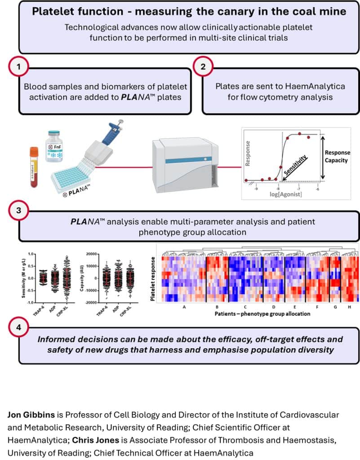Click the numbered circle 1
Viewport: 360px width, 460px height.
click(18, 67)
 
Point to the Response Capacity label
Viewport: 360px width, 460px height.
click(337, 156)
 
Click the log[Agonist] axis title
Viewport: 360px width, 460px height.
click(286, 194)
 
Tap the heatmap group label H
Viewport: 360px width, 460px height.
click(350, 307)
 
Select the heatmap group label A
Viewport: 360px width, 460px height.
click(183, 307)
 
